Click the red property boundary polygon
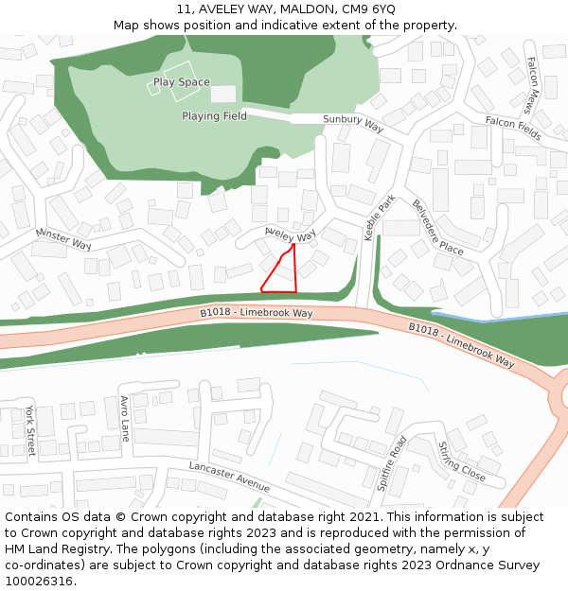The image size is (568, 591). point(282,274)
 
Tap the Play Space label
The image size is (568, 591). point(182,82)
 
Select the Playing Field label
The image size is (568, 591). point(214,116)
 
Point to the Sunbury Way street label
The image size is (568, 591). point(353,122)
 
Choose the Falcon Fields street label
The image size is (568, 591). point(513,128)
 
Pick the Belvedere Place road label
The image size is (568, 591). point(436,228)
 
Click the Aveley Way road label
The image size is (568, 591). point(291,234)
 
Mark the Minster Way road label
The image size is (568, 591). point(63,237)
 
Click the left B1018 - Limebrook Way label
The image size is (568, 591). point(256,313)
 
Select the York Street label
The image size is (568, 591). point(30,430)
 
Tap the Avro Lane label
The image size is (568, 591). point(124,419)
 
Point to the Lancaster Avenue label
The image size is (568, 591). point(229,478)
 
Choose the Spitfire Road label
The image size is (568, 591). point(392,463)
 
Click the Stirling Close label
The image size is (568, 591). point(461,461)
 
